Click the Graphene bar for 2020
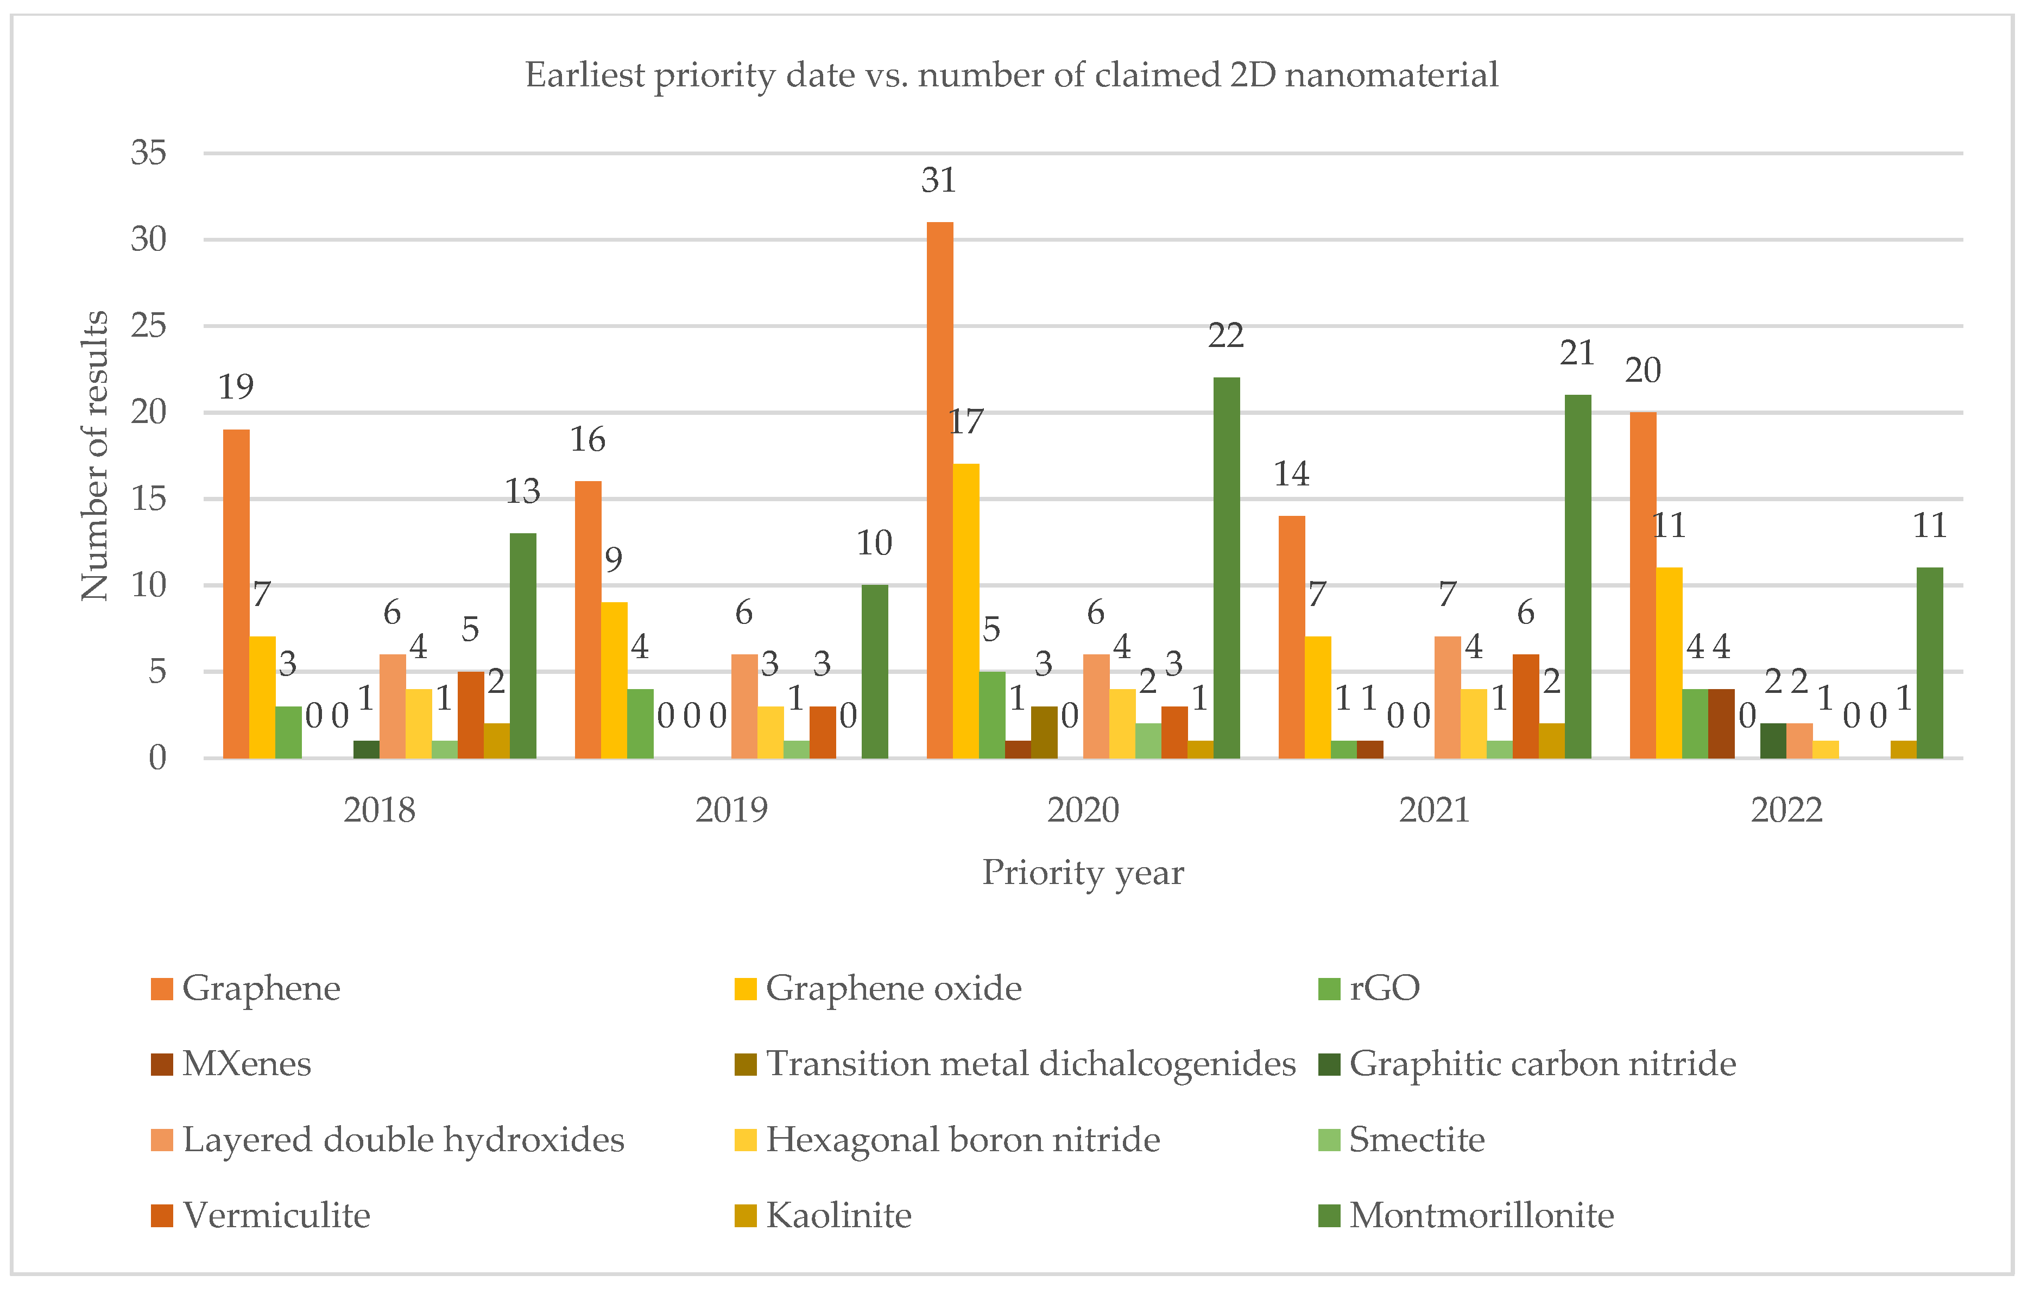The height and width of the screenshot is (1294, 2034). [939, 490]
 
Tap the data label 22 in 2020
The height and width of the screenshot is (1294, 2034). [1226, 336]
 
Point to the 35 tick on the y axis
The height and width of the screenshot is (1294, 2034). [149, 153]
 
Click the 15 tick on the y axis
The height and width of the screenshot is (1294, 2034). [149, 499]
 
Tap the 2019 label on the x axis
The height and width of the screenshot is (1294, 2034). [731, 811]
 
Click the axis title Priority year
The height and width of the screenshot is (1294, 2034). [1083, 873]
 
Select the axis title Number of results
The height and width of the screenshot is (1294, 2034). [94, 456]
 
